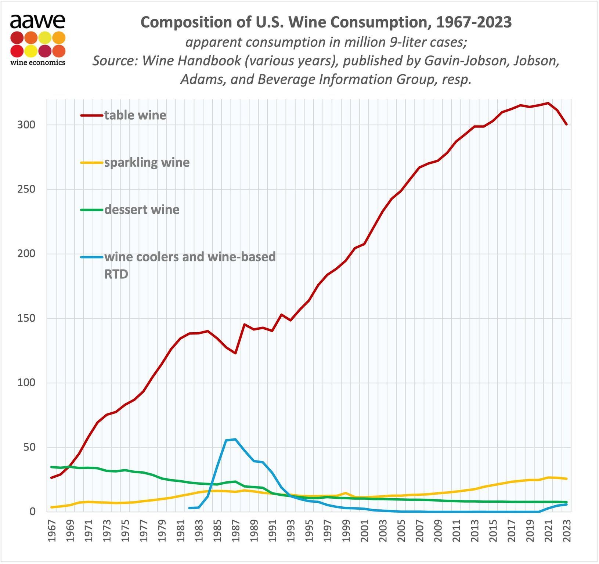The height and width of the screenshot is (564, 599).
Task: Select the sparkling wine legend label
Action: pos(147,162)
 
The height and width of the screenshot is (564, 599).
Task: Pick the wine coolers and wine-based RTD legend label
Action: pos(190,257)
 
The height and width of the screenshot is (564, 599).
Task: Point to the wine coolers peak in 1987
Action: pos(235,439)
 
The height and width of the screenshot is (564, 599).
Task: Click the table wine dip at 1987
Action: pos(235,353)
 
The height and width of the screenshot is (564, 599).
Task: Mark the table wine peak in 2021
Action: pos(548,103)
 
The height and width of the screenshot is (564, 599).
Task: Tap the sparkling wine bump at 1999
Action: pos(346,493)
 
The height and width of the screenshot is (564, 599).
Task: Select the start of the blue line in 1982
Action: pos(190,508)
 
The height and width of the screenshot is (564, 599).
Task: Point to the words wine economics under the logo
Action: pos(38,62)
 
